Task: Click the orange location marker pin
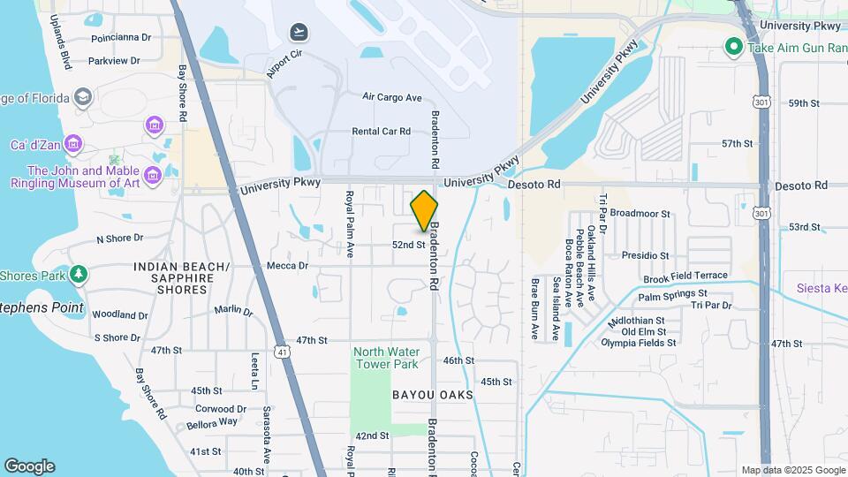tap(424, 211)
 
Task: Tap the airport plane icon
tap(299, 33)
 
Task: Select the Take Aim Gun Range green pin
tap(732, 47)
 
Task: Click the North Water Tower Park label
tap(386, 357)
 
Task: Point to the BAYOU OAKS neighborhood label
tap(433, 395)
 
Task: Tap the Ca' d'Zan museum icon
tap(72, 143)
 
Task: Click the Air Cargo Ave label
tap(392, 97)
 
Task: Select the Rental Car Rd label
tap(382, 132)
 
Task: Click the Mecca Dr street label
tap(288, 265)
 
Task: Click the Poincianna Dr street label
tap(121, 38)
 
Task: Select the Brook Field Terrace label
tap(685, 276)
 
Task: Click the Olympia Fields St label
tap(639, 343)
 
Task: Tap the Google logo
tap(29, 466)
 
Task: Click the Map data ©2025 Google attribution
tap(792, 470)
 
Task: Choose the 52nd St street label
tap(410, 245)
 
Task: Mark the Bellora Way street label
tap(212, 422)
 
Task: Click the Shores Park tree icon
tap(79, 275)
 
